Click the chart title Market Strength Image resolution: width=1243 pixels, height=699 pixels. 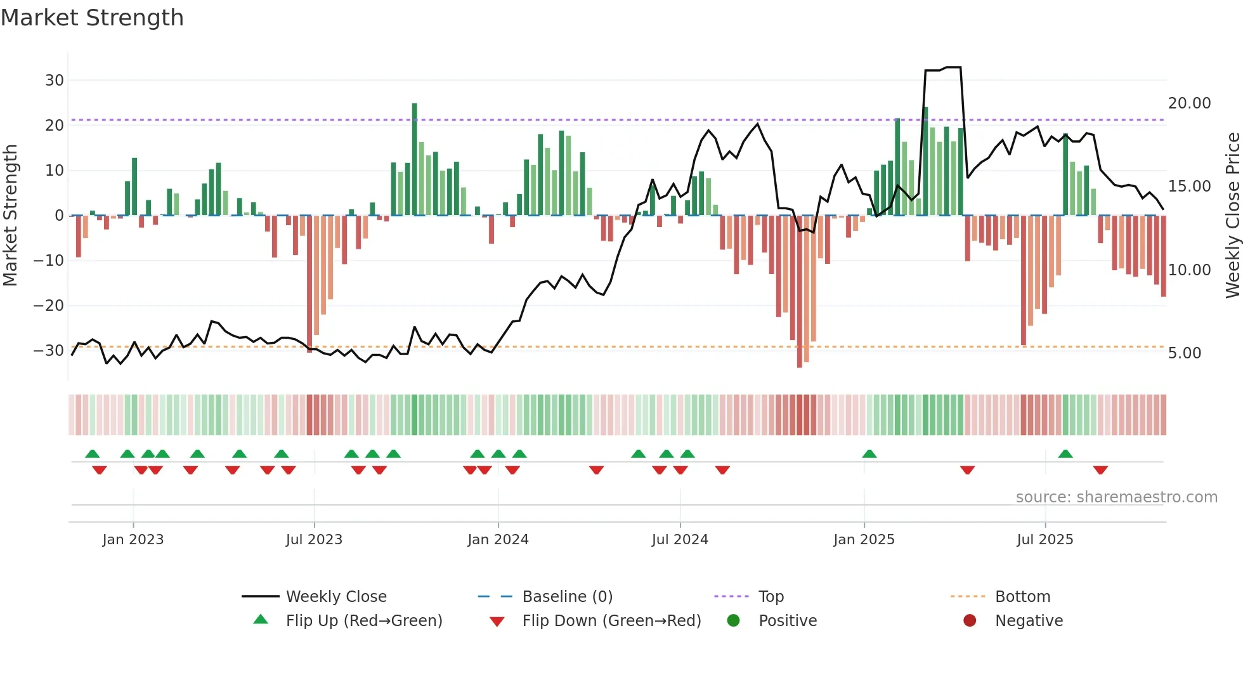[x=92, y=18]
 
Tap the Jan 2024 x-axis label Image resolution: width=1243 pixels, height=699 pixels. [x=498, y=540]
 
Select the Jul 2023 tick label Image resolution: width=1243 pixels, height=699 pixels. [x=314, y=540]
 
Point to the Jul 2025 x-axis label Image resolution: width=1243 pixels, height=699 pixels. [x=1045, y=540]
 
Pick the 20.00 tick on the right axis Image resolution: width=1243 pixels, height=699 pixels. [x=1189, y=103]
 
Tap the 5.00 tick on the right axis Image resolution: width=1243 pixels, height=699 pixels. [x=1184, y=353]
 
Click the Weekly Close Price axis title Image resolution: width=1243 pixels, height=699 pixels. [x=1232, y=216]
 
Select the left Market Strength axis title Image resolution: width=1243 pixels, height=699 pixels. [x=10, y=216]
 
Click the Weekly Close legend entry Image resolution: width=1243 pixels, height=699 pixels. [x=335, y=597]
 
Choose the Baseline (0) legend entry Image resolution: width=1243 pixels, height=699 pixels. [x=567, y=597]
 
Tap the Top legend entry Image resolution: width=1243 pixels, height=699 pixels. [x=771, y=597]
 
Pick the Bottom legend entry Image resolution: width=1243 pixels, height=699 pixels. [x=1022, y=597]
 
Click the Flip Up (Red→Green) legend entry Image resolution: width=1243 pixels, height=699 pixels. [x=363, y=621]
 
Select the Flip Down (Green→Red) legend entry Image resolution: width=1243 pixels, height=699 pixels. [x=611, y=621]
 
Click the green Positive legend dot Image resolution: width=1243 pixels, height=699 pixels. [x=733, y=621]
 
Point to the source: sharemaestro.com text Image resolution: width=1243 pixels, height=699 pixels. [x=1116, y=497]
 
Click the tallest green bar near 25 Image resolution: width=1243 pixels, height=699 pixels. [x=415, y=159]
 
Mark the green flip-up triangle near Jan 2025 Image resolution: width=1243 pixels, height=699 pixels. [x=869, y=454]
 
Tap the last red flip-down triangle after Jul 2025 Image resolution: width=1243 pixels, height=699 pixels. [x=1100, y=470]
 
